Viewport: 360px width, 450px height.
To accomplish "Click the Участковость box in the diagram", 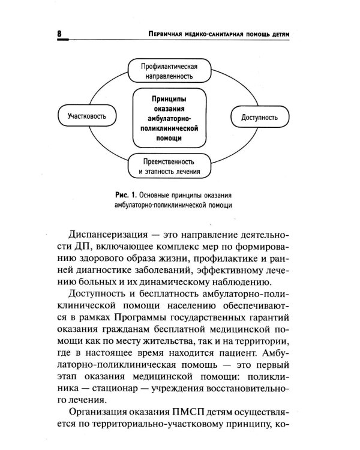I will tap(83, 117).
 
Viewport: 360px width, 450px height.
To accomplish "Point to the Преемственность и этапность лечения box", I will tap(172, 166).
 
